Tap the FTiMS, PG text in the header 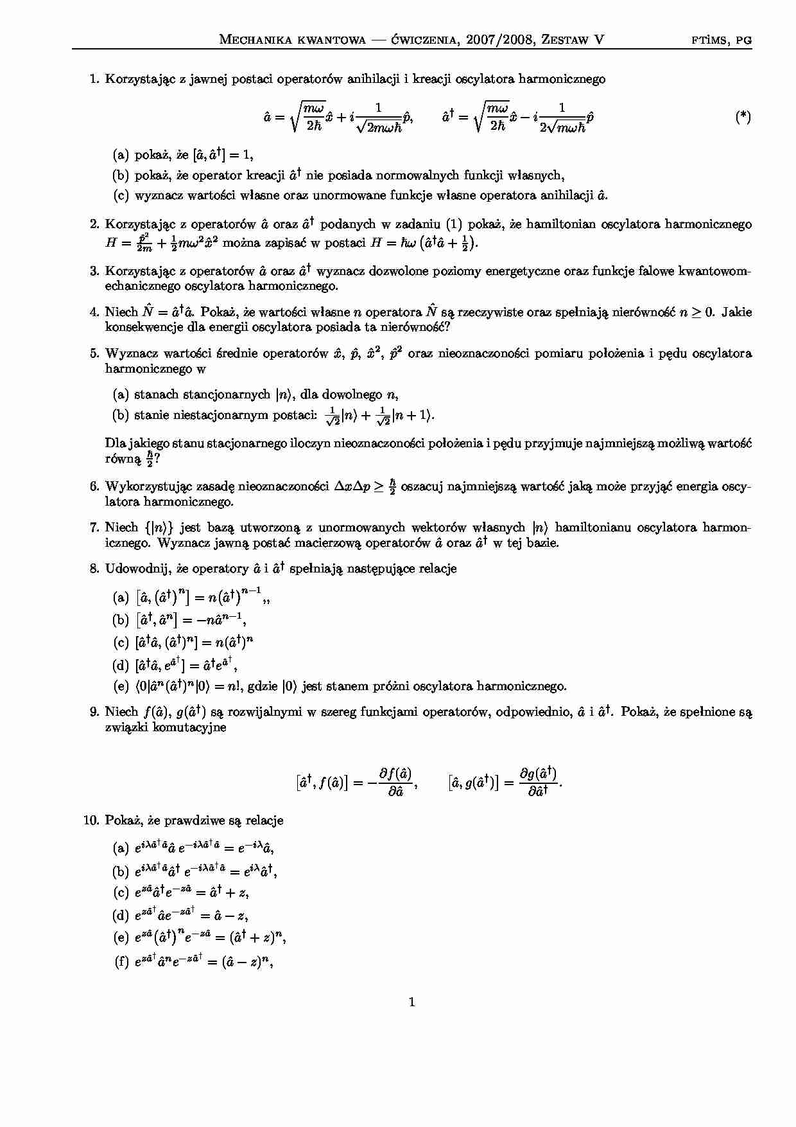722,40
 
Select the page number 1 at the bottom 411,1002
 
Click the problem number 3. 94,271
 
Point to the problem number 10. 91,820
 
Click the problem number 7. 94,528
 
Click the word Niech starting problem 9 121,712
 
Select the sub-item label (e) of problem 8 121,686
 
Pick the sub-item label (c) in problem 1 121,195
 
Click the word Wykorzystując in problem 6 146,486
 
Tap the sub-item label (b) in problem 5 121,415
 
